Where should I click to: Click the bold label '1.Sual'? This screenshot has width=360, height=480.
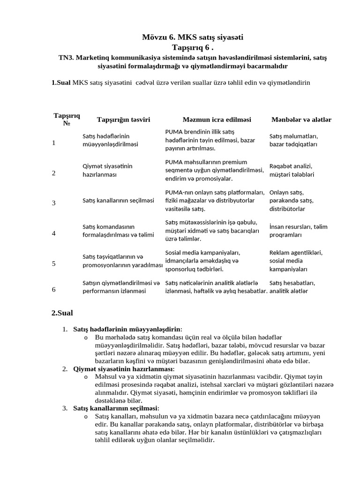(x=61, y=82)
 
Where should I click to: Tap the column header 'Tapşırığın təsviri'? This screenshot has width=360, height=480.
(x=123, y=120)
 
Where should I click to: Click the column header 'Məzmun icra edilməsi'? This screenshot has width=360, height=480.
(x=217, y=120)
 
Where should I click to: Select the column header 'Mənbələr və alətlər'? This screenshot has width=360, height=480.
(x=301, y=120)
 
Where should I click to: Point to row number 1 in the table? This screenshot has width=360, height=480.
(x=53, y=142)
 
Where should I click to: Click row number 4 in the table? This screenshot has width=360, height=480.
(x=53, y=233)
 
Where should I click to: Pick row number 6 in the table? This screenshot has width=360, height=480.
(x=53, y=289)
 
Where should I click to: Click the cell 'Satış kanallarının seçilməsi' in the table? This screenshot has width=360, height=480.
(x=118, y=201)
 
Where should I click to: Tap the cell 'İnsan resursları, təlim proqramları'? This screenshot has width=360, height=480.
(x=298, y=231)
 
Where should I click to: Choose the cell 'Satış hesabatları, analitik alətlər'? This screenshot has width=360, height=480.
(x=292, y=287)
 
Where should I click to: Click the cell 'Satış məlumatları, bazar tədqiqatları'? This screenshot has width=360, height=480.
(x=294, y=140)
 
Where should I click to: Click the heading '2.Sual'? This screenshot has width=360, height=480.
(x=62, y=313)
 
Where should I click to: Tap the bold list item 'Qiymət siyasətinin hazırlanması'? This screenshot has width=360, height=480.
(x=123, y=369)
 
